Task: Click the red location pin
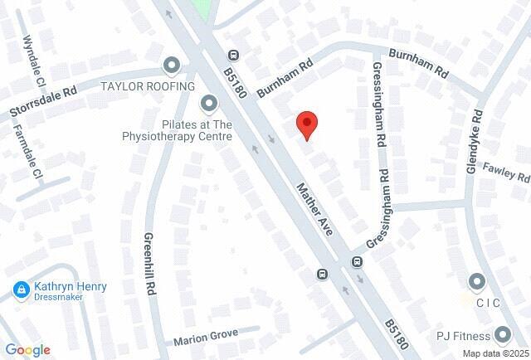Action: coord(308,125)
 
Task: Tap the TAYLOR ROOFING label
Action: coord(148,86)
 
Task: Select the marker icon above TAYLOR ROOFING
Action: coord(172,65)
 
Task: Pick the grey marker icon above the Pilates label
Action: coord(208,104)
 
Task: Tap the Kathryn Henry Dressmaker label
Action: coord(71,291)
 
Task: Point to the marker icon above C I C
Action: coord(476,282)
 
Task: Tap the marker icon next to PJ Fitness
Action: coord(502,335)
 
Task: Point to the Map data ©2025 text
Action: coord(495,353)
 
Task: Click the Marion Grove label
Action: coord(205,338)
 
